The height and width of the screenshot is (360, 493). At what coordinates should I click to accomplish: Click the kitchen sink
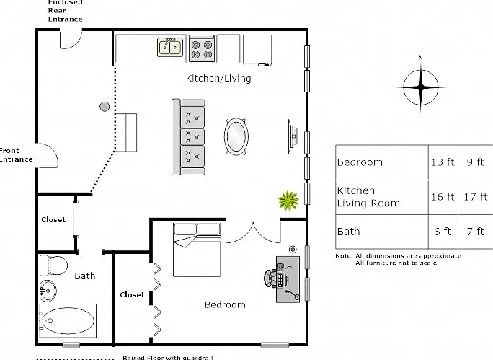[170, 47]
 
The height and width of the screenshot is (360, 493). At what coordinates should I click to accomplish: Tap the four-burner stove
[202, 49]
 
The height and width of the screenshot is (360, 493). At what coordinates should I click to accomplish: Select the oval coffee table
[236, 136]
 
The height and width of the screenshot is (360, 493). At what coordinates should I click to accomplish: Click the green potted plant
[288, 201]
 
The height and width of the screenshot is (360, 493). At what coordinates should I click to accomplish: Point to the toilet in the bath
[53, 265]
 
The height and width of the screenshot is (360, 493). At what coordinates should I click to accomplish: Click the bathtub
[68, 320]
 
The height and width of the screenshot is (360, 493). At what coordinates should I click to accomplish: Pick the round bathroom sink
[48, 291]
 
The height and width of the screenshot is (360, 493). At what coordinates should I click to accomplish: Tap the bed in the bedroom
[197, 250]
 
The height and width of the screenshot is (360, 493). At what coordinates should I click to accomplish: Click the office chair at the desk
[271, 278]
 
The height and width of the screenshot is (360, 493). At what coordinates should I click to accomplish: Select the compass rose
[421, 87]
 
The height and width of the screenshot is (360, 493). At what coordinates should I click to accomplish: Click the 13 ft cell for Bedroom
[443, 162]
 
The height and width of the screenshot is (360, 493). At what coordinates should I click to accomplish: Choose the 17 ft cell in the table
[476, 197]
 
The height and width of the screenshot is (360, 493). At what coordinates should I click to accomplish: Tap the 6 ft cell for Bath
[443, 232]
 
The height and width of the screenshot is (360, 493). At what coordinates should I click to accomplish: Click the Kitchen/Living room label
[218, 78]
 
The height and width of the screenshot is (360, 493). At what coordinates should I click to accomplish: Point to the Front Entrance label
[16, 155]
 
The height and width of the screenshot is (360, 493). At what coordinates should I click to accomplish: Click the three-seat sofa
[188, 137]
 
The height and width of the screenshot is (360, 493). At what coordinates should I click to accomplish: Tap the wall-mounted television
[293, 136]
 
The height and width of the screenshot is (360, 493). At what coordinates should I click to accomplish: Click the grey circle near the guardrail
[105, 107]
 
